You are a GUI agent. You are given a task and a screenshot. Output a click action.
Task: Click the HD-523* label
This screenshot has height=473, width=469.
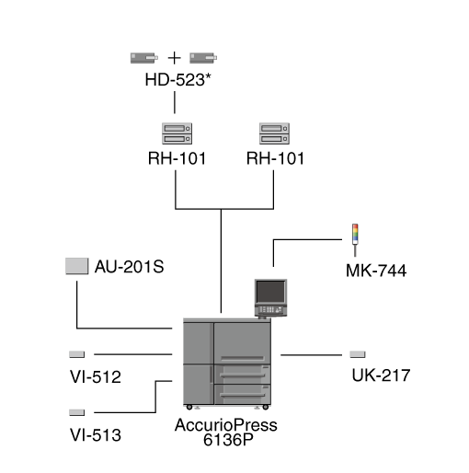[177, 79]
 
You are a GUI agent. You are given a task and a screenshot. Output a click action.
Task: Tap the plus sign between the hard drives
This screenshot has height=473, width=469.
[174, 58]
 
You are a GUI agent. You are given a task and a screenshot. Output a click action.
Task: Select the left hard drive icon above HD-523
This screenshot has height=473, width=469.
[144, 58]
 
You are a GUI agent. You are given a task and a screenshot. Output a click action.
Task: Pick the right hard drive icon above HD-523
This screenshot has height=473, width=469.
[203, 58]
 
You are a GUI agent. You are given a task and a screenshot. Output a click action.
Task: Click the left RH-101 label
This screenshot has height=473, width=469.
[177, 158]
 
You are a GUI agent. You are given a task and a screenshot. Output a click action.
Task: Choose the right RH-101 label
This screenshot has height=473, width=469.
[275, 158]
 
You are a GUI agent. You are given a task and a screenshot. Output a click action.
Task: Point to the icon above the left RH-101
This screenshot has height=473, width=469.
[177, 133]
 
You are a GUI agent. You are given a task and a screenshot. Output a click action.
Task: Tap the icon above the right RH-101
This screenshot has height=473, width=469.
[274, 133]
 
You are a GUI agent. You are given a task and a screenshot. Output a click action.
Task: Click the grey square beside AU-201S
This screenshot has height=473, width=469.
[77, 266]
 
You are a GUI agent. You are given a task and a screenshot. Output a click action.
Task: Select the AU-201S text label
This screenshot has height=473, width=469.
[129, 267]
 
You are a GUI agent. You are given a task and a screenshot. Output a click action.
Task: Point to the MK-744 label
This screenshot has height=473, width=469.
[376, 271]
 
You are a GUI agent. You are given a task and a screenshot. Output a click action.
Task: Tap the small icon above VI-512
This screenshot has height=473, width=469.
[76, 354]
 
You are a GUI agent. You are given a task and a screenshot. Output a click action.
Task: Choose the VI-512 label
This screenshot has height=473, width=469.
[96, 376]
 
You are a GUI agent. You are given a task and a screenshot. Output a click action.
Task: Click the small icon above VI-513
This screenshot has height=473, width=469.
[76, 412]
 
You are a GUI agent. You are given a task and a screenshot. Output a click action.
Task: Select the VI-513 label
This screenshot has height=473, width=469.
[96, 435]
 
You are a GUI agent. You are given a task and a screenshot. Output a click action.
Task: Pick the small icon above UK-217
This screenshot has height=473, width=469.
[358, 354]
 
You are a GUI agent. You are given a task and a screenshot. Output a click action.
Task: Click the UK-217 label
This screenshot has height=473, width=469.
[381, 375]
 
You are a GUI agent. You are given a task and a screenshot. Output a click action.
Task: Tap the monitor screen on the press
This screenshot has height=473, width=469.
[270, 292]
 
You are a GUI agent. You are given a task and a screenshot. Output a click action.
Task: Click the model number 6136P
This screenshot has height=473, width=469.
[228, 440]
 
